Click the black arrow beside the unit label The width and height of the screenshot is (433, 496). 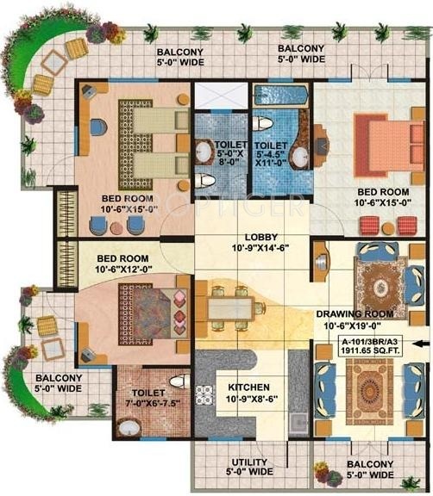420,344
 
